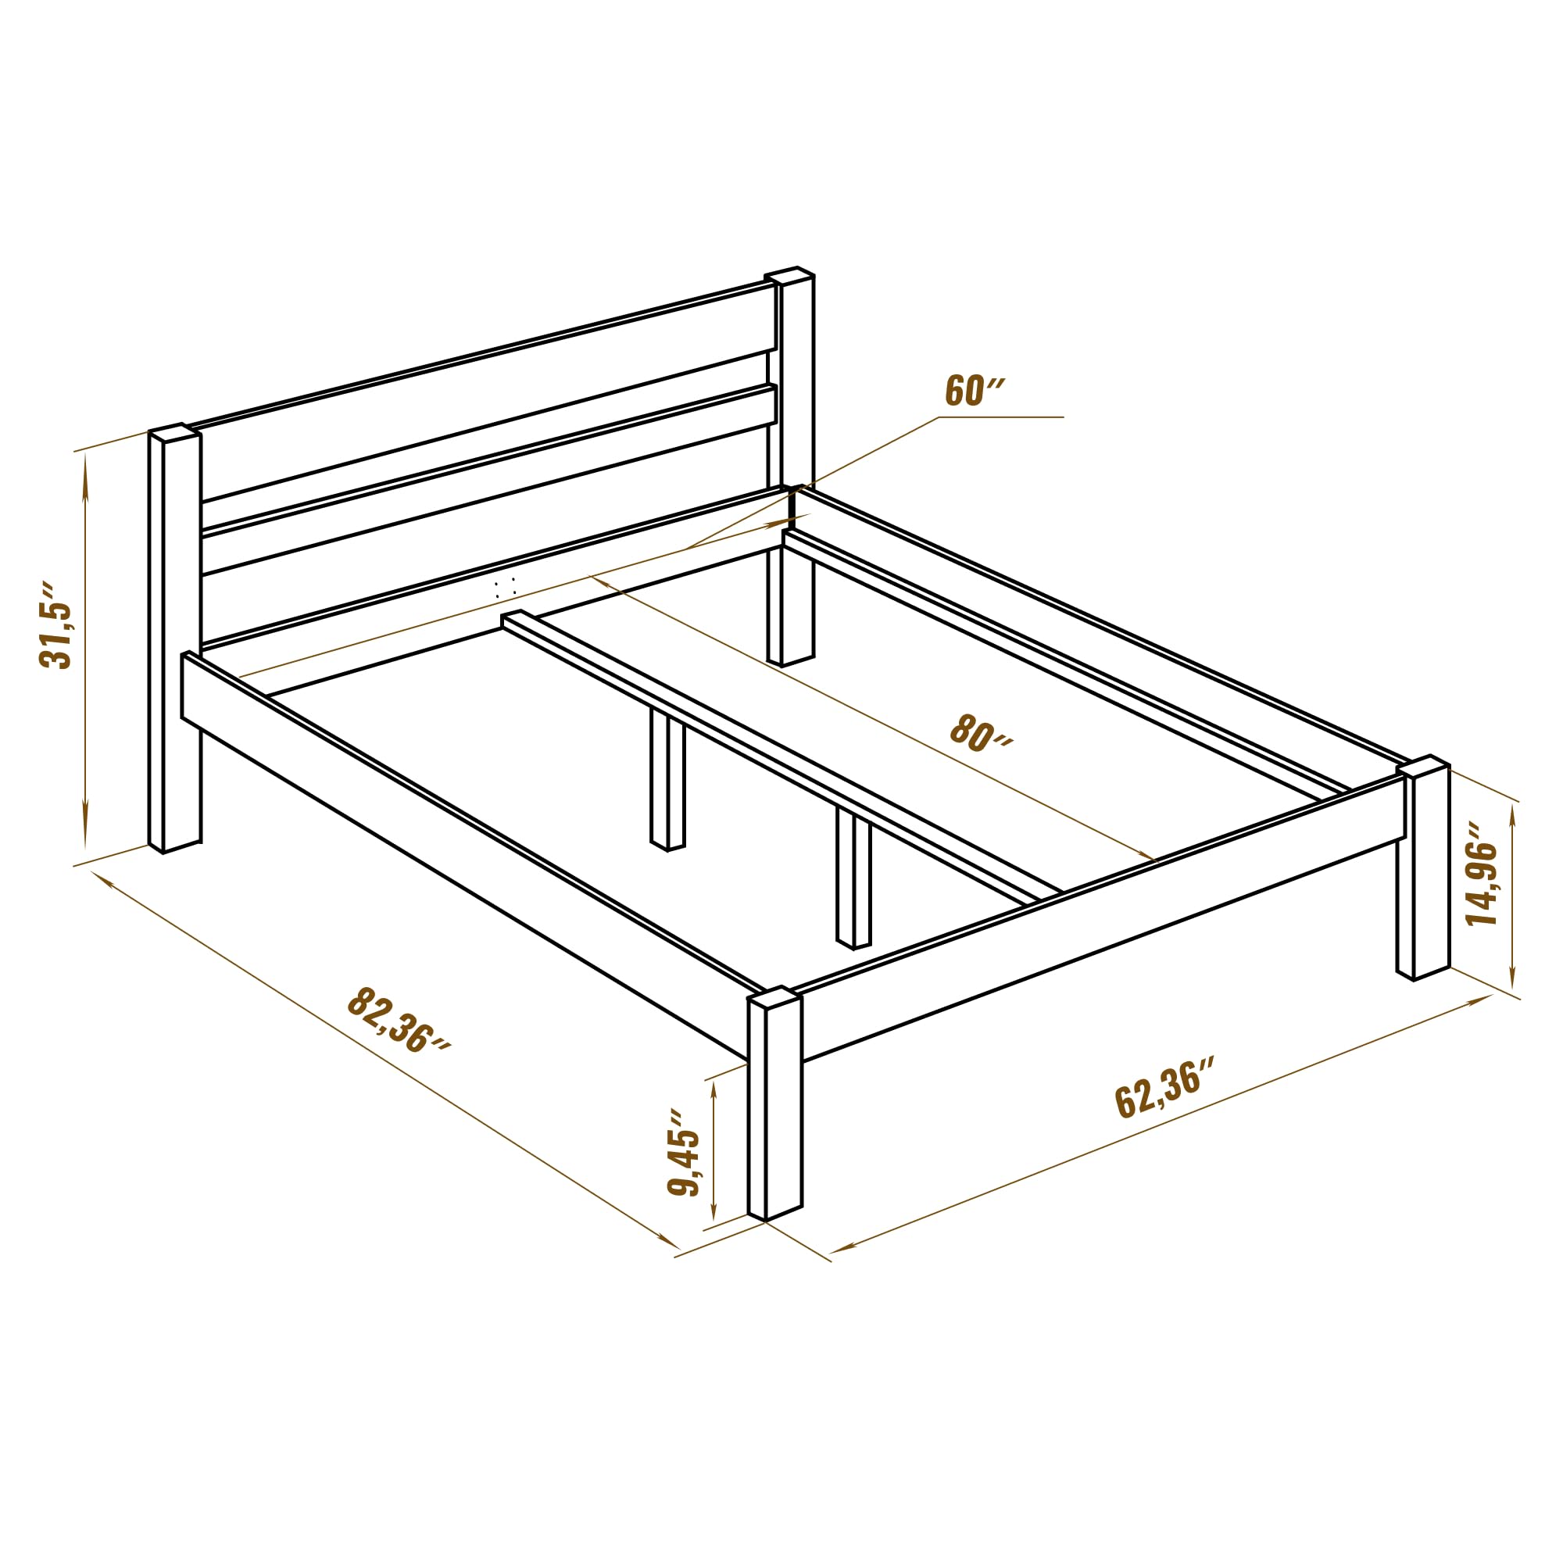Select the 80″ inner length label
pyautogui.click(x=981, y=732)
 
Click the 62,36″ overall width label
pyautogui.click(x=1164, y=1086)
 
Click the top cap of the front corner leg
pyautogui.click(x=775, y=996)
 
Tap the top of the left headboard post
pyautogui.click(x=174, y=432)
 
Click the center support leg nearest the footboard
pyautogui.click(x=853, y=878)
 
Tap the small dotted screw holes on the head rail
pyautogui.click(x=505, y=587)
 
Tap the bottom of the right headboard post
pyautogui.click(x=789, y=660)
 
